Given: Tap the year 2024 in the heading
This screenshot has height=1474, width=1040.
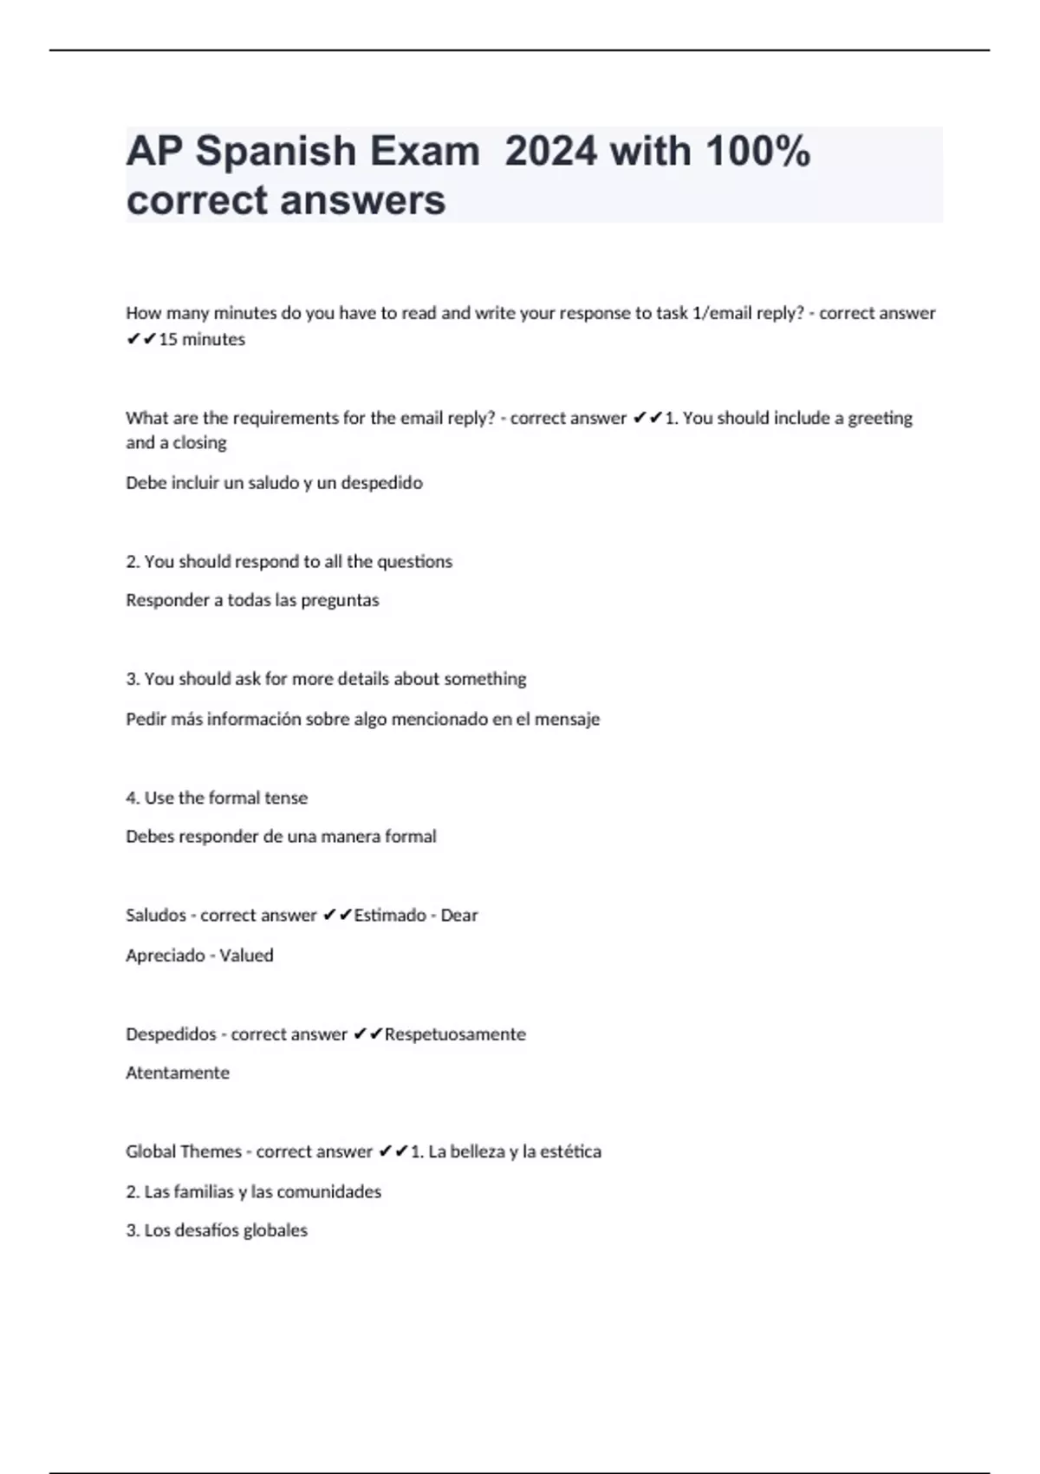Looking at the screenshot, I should [550, 152].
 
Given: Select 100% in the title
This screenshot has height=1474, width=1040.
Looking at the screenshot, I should [758, 152].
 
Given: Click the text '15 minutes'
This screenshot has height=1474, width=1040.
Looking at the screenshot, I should [202, 340].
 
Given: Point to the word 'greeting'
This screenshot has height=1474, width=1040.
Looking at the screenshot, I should [880, 419].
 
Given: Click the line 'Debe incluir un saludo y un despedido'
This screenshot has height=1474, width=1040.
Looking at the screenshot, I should [274, 483].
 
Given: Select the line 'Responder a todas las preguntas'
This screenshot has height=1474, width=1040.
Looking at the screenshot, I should [252, 600].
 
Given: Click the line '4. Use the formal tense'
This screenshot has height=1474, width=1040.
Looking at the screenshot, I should [217, 798].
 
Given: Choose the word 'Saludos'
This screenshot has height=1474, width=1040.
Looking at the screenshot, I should [155, 916].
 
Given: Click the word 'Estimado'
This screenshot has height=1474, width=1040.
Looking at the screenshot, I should [390, 916].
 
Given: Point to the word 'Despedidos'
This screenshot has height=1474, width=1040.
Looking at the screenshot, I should [171, 1034].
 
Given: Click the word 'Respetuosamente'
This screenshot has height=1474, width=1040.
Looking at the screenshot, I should [455, 1034].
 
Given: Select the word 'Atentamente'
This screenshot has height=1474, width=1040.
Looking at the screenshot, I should [178, 1073].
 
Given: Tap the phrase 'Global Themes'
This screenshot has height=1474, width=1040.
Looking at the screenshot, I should [184, 1152].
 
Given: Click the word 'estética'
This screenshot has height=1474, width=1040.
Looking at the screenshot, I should [570, 1152].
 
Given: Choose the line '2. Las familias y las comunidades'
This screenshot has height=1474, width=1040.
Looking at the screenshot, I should [253, 1192].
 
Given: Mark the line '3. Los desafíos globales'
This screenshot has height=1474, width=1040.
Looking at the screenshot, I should [217, 1230].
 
